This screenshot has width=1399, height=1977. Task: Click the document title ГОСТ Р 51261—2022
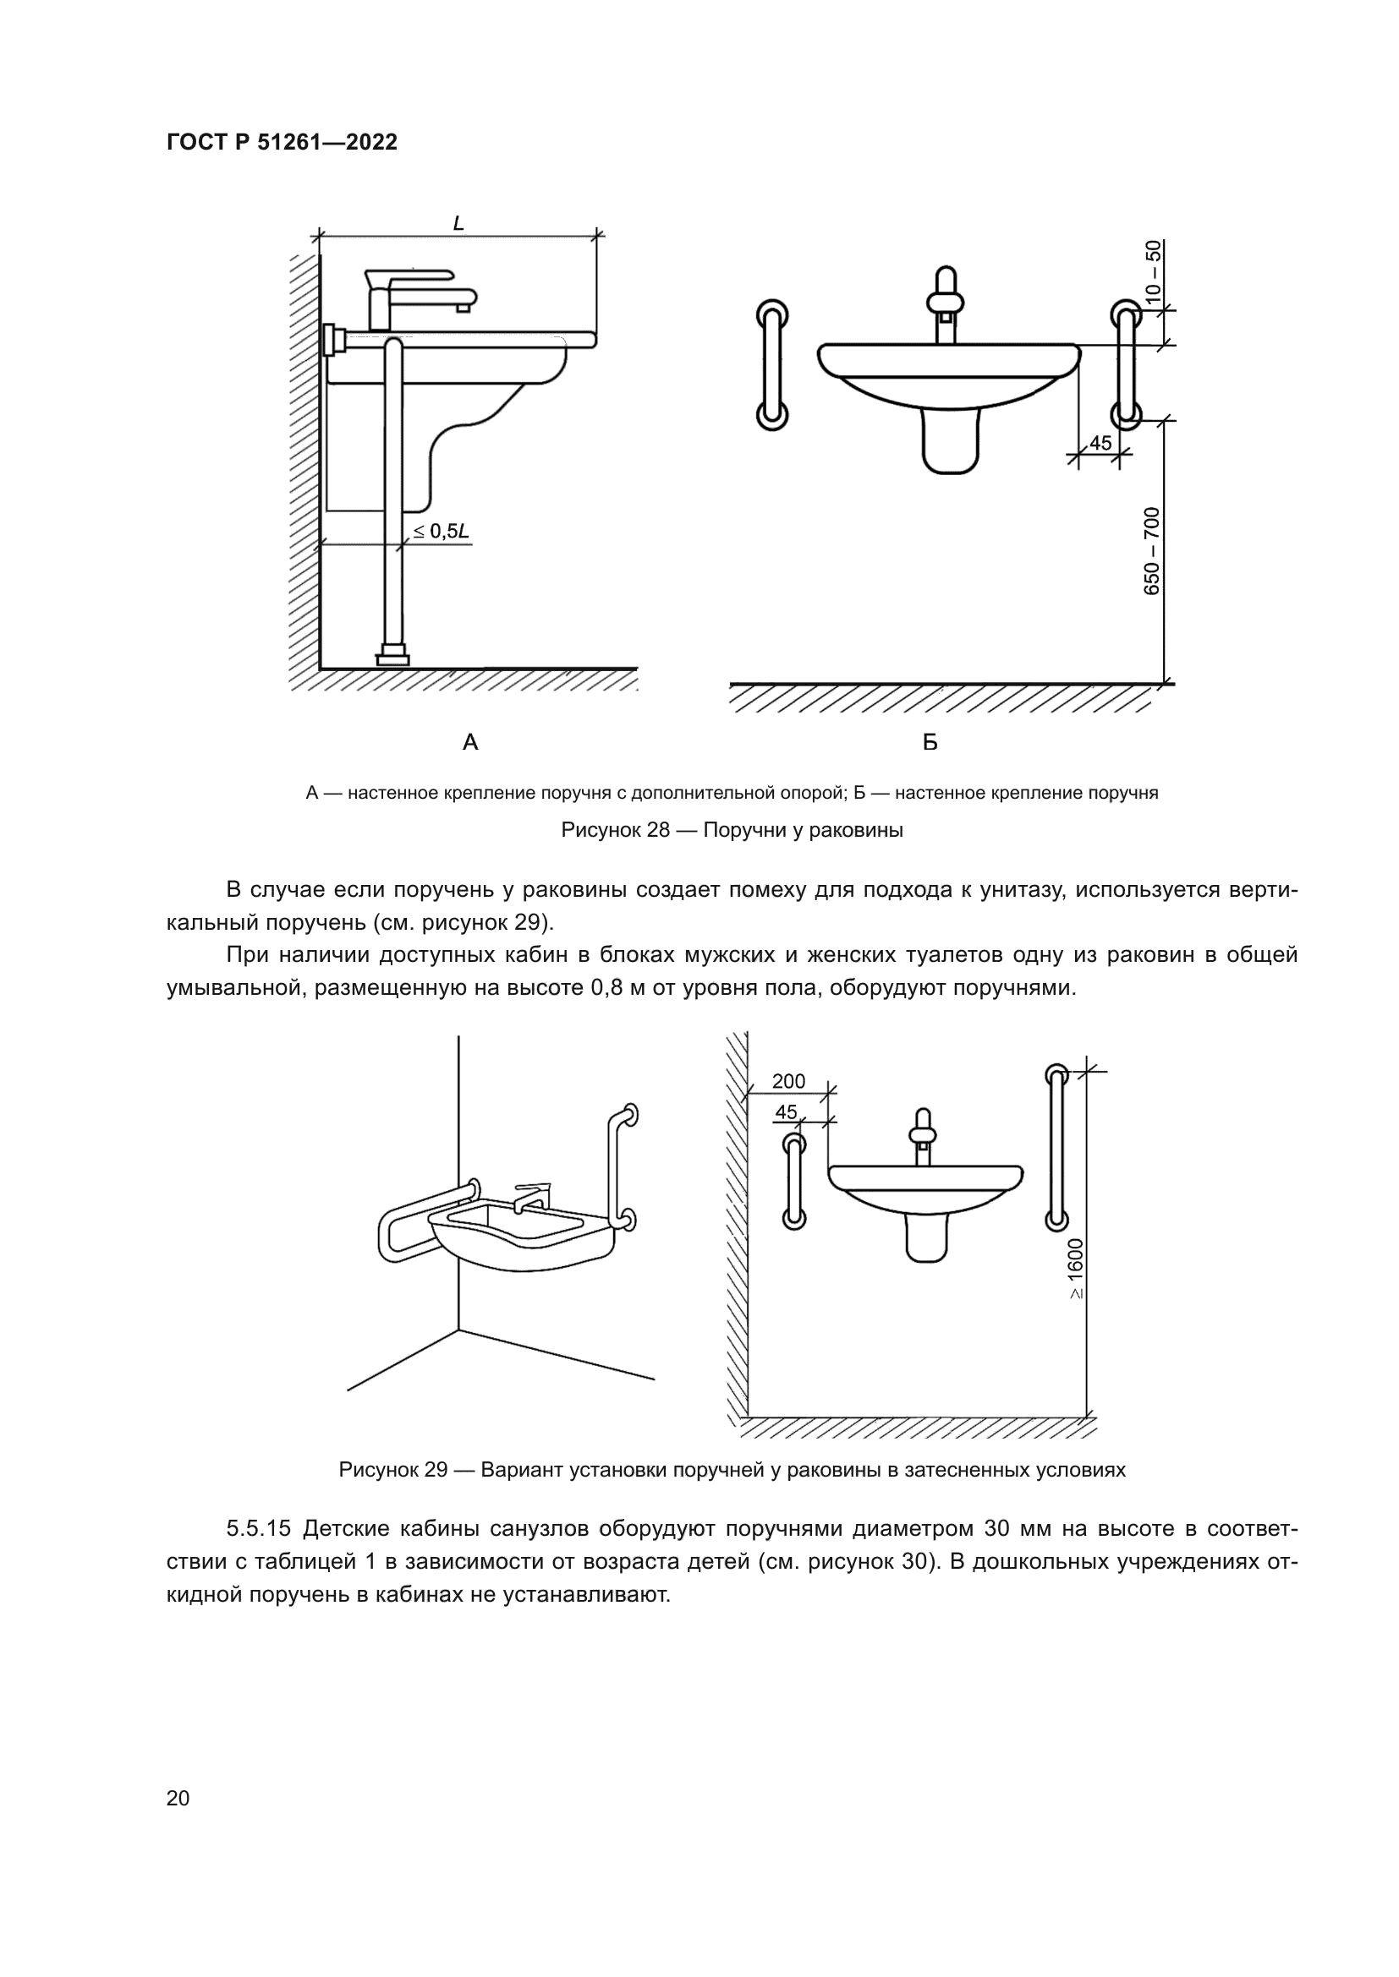(282, 142)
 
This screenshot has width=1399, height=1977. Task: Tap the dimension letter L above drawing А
(458, 223)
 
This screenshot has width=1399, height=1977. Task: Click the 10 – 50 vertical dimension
(1153, 270)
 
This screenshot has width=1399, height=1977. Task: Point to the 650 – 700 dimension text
(1153, 551)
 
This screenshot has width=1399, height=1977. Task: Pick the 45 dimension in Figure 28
(1100, 443)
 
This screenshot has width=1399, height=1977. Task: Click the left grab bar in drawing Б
(772, 364)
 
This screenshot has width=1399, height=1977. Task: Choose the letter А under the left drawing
(470, 741)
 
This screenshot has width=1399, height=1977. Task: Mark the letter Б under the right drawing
(930, 741)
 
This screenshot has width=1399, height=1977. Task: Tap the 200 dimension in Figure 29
(788, 1082)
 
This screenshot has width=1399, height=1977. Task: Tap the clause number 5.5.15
(260, 1528)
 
